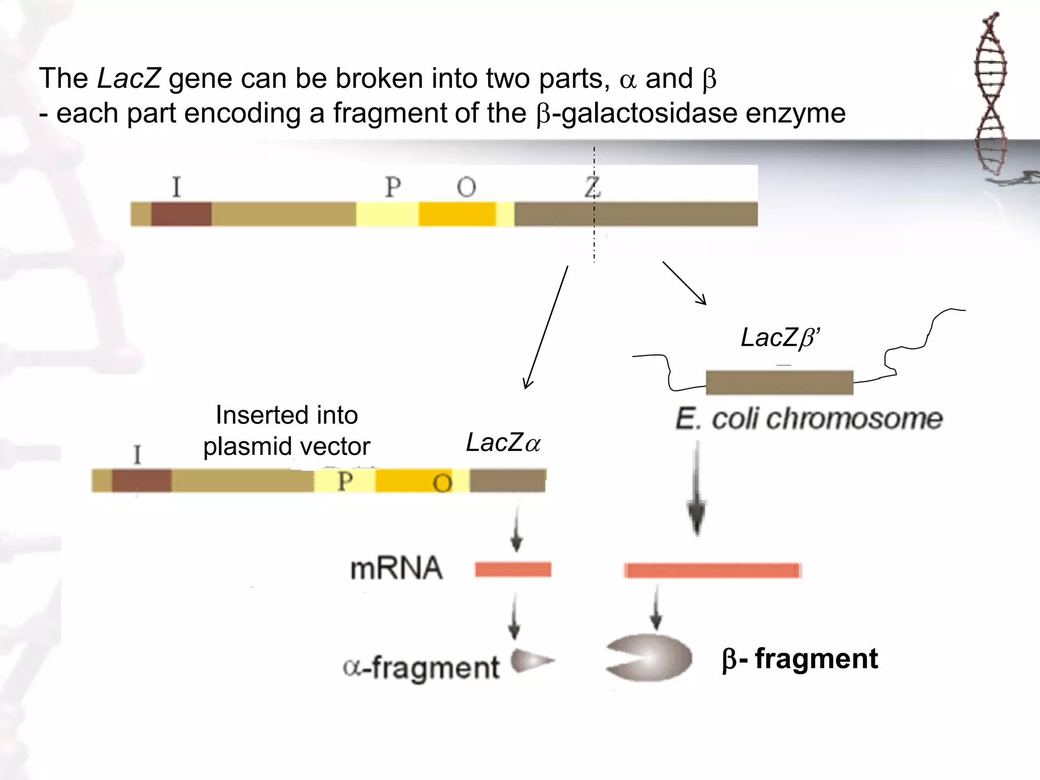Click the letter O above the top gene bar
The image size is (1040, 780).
466,187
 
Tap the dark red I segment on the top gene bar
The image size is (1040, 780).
181,214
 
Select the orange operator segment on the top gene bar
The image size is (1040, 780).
457,214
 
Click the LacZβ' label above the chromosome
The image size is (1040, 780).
779,338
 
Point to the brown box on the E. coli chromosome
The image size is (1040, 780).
779,383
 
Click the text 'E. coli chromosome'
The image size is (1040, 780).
808,419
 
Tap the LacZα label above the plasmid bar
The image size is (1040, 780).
503,443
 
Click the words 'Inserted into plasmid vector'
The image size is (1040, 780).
286,431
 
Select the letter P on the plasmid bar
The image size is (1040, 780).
345,481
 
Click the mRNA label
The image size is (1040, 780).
396,568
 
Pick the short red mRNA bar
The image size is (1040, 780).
513,569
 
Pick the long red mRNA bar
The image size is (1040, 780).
712,570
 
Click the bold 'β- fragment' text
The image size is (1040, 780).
799,659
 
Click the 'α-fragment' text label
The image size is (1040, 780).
421,667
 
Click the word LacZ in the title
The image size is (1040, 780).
128,79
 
